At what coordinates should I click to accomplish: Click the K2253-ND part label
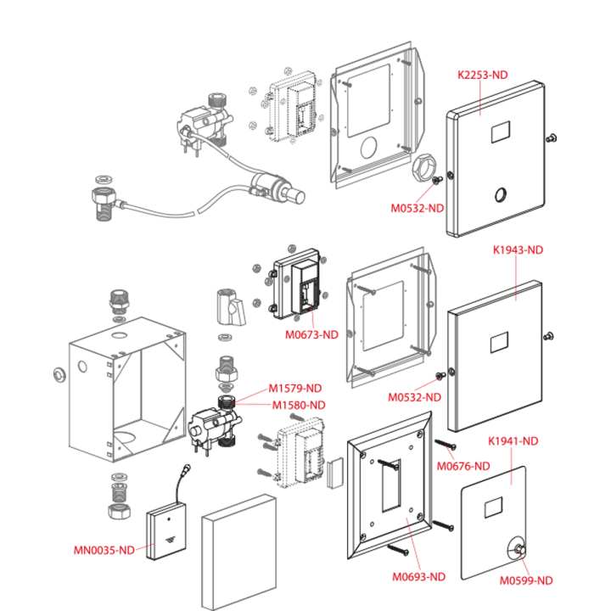pos(482,75)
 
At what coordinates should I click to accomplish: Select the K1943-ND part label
pos(518,249)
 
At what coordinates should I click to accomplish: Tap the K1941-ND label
pos(513,441)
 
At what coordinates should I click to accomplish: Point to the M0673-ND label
pos(311,334)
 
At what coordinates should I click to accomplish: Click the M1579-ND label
pos(295,389)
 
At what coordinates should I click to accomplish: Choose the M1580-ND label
pos(299,406)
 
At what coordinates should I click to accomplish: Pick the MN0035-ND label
pos(104,550)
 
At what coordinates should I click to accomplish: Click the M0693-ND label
pos(418,577)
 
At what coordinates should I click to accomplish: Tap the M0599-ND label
pos(526,580)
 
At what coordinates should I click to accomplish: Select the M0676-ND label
pos(463,466)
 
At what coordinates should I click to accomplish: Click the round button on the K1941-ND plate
pos(519,549)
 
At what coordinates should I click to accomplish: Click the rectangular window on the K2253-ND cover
pos(501,132)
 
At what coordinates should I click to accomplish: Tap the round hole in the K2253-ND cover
pos(502,195)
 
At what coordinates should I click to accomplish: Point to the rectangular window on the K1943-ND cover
pos(499,342)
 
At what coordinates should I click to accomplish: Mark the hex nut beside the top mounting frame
pos(423,168)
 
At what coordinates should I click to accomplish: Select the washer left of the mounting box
pos(59,375)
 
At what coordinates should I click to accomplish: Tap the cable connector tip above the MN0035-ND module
pos(187,468)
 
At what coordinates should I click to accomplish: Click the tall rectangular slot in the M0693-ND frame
pos(391,485)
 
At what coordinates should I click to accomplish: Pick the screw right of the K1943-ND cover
pos(549,335)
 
